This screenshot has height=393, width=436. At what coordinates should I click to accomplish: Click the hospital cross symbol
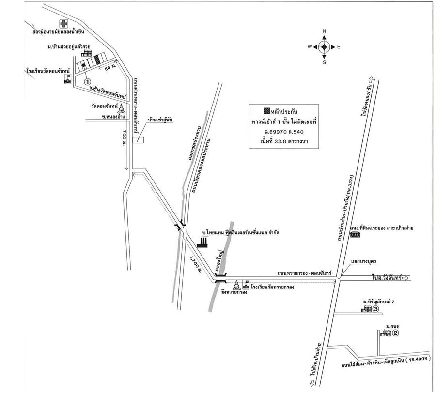[x=63, y=23]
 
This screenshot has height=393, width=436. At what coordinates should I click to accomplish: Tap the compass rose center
[x=324, y=46]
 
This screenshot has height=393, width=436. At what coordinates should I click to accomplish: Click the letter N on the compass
[x=324, y=31]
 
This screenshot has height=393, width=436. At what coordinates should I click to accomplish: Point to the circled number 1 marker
[x=88, y=82]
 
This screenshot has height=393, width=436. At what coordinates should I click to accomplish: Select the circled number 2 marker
[x=395, y=333]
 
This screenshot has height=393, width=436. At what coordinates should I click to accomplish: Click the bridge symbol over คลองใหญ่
[x=220, y=278]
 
